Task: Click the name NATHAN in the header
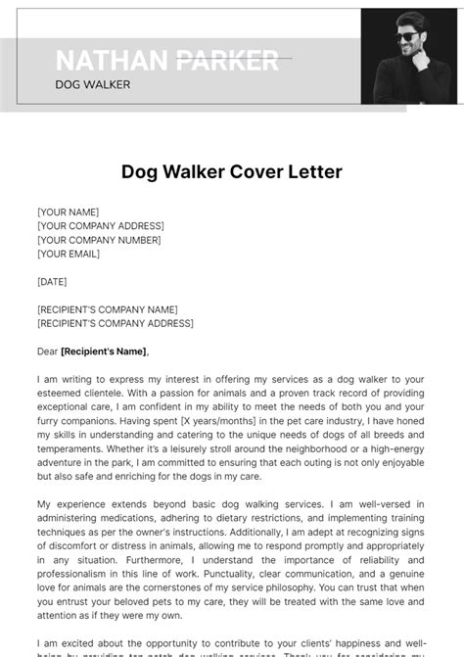point(111,61)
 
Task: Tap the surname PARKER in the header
point(226,61)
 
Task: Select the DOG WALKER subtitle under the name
point(93,85)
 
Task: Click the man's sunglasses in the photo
point(404,37)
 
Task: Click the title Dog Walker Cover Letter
point(232,172)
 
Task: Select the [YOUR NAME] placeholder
point(68,212)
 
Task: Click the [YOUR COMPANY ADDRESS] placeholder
point(100,226)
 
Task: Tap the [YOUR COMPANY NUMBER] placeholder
point(99,240)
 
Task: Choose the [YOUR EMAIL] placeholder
point(69,254)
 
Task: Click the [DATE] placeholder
point(52,282)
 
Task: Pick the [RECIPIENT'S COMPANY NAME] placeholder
point(108,309)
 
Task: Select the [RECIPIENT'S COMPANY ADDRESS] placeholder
point(116,323)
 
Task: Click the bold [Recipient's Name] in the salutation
point(104,352)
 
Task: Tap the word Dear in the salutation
point(47,352)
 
